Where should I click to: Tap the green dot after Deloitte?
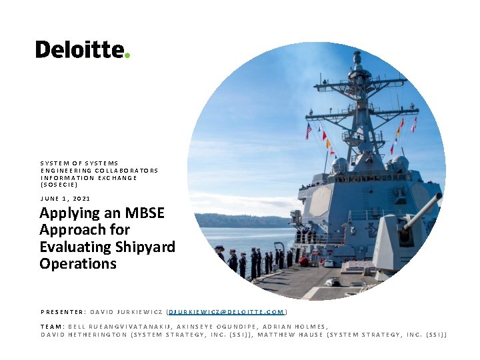[127, 55]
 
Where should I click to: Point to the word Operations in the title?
[78, 263]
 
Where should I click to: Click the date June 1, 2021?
[65, 198]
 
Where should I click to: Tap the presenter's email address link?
[227, 311]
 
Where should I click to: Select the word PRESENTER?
[62, 311]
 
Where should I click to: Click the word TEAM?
[51, 326]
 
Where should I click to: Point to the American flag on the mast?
[308, 131]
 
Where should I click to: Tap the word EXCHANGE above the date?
[117, 177]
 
